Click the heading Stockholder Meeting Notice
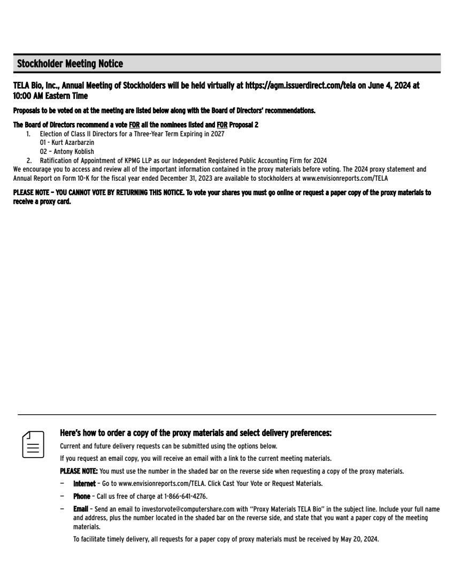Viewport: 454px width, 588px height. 70,64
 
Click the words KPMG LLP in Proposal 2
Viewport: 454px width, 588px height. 142,160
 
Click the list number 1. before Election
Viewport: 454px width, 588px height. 29,134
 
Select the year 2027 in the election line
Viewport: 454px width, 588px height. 217,134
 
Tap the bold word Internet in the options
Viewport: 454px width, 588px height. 84,483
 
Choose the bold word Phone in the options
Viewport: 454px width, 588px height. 81,496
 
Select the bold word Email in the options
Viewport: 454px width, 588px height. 80,509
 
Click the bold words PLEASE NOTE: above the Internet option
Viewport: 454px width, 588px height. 79,471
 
